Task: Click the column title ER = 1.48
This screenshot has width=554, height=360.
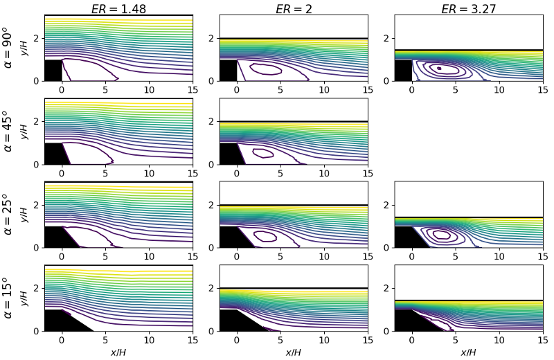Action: (x=118, y=9)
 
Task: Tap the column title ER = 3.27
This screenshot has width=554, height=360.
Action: (x=469, y=9)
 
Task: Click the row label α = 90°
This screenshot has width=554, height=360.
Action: (x=8, y=48)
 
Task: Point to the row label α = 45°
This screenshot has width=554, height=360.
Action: (x=8, y=131)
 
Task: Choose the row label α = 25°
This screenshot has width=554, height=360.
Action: (x=8, y=214)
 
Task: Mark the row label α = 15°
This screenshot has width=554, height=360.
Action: (x=8, y=298)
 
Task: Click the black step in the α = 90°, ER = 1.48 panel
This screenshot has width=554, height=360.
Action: (x=53, y=71)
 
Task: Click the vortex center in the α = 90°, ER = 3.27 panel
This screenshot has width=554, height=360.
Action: (x=439, y=68)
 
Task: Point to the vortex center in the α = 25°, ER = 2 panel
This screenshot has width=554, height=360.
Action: (x=265, y=235)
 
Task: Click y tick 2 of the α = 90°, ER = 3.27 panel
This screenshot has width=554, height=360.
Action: (x=386, y=39)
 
